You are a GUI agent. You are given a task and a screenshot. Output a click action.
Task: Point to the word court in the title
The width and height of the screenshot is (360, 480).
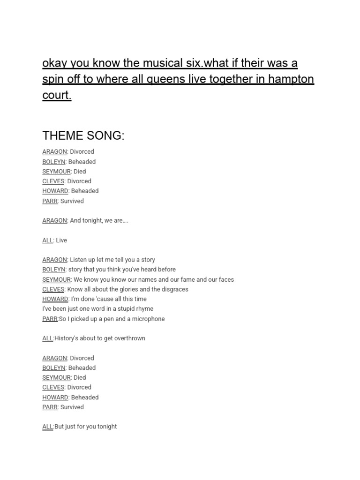point(56,95)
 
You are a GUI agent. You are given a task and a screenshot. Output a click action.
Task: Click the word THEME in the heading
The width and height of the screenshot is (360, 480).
point(61,135)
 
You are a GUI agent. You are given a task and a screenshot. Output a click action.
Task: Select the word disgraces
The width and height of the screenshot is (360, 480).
point(172,289)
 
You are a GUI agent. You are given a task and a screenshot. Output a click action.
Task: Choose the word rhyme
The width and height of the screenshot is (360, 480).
point(144,309)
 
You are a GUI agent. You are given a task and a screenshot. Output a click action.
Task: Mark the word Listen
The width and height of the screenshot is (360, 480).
point(79,260)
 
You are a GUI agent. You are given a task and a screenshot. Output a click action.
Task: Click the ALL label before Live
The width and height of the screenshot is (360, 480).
point(47,240)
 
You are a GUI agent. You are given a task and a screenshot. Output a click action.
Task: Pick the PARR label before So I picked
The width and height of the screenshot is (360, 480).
point(50,319)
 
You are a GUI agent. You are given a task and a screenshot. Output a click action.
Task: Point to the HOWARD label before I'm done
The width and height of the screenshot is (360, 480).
point(55,299)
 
